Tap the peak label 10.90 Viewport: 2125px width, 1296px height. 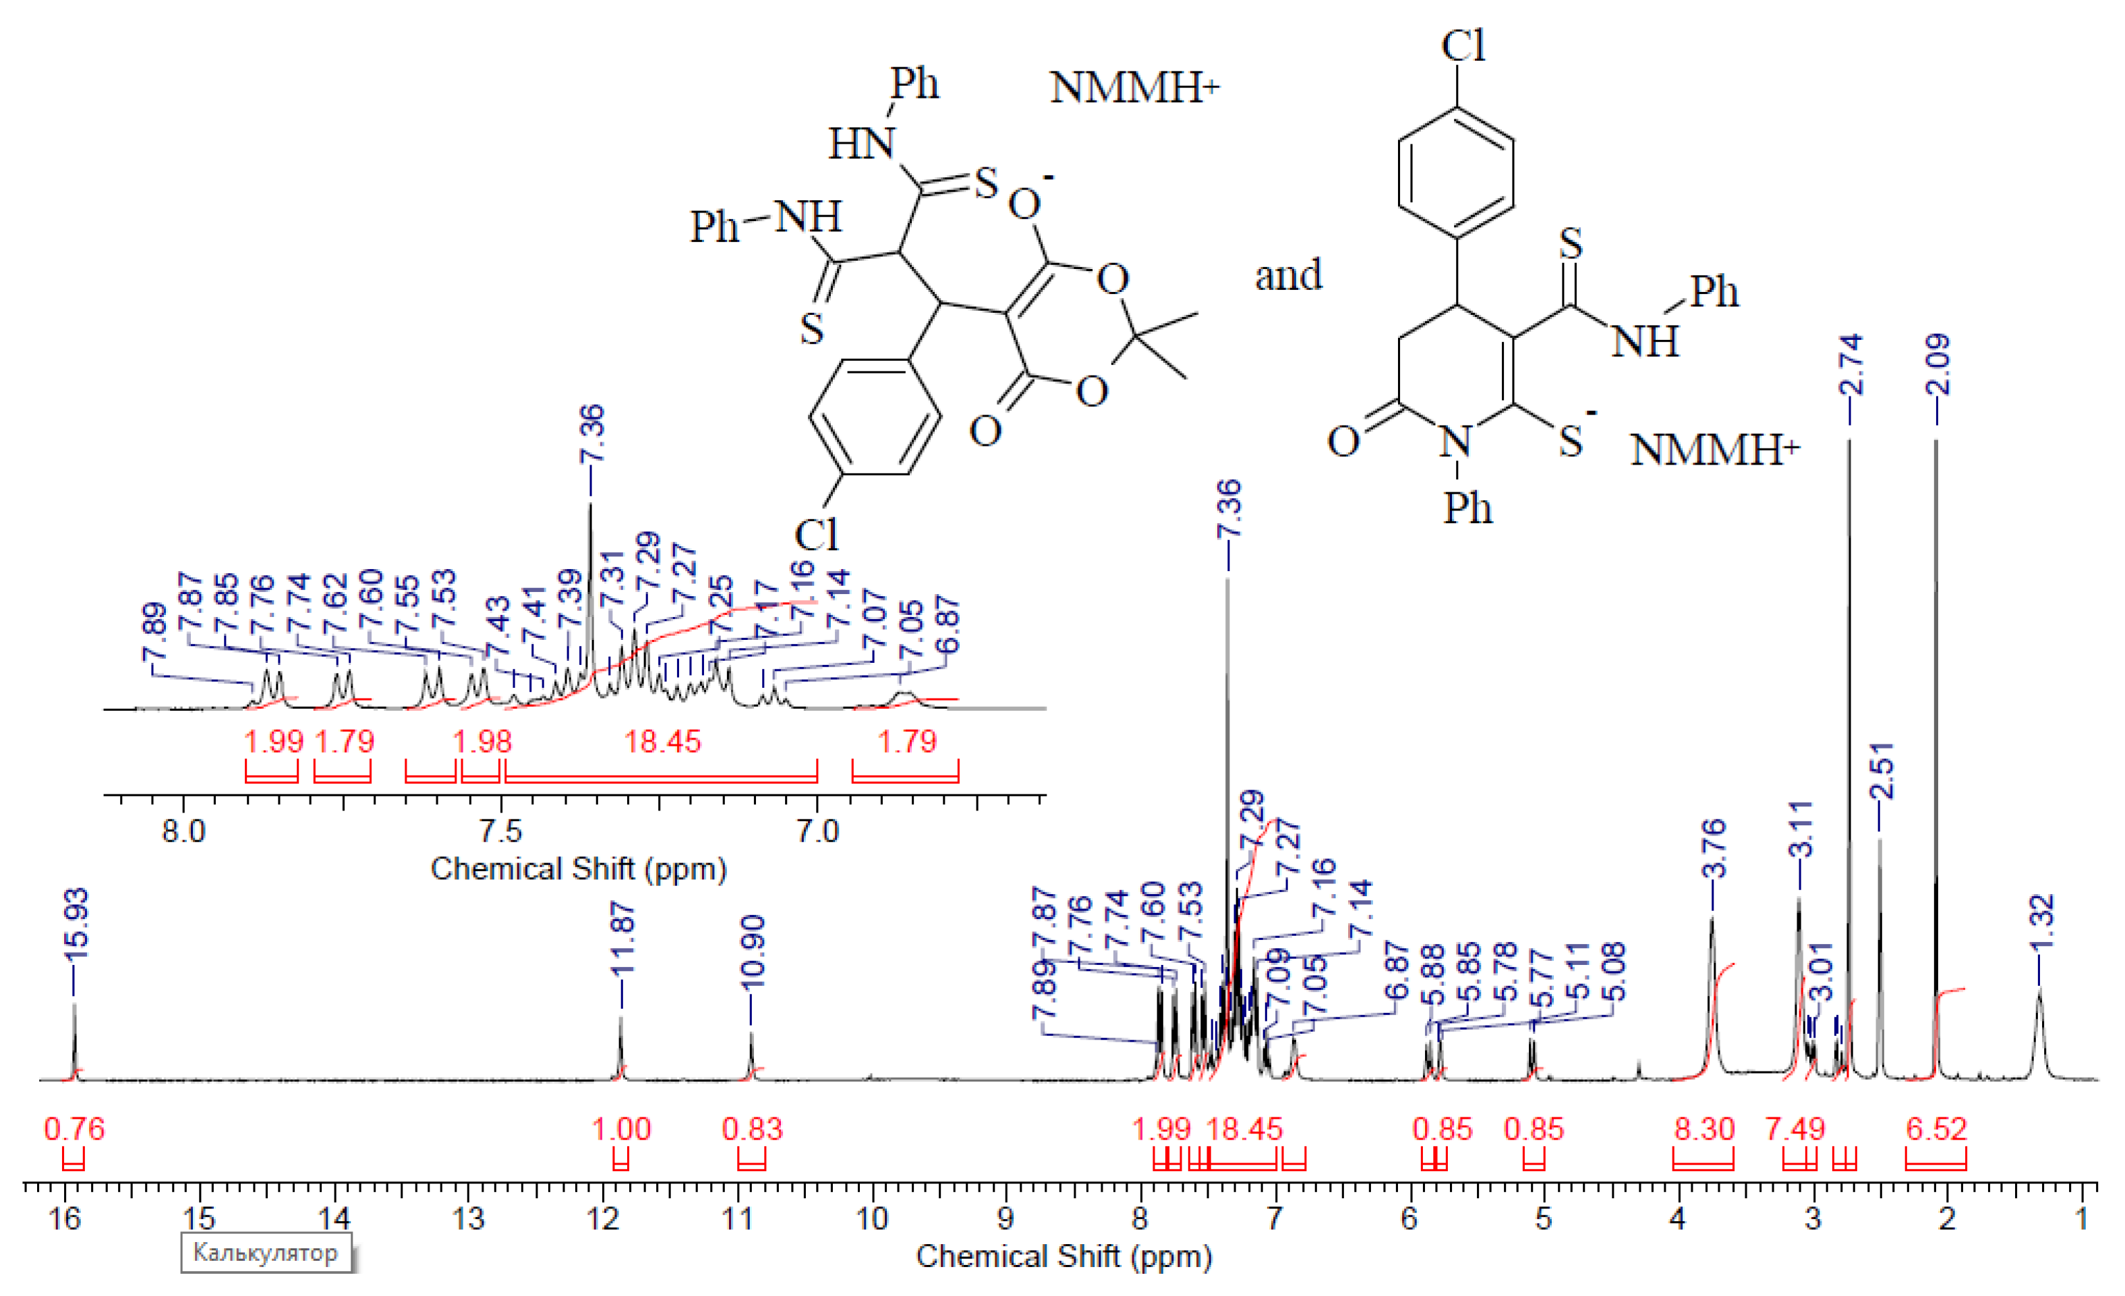[752, 951]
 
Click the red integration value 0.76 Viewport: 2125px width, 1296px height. [74, 1129]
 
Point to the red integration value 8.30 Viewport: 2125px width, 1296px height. [1704, 1129]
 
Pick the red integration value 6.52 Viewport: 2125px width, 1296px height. [1936, 1129]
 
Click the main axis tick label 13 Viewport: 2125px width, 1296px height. [468, 1219]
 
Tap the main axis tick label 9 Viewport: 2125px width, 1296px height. [1006, 1219]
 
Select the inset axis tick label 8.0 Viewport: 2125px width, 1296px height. [183, 832]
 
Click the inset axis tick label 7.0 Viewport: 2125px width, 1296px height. [817, 832]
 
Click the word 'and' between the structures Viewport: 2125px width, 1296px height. [1287, 275]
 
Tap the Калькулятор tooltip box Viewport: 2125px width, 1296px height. [266, 1252]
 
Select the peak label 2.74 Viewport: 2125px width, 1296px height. [1850, 365]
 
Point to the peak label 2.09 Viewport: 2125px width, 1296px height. [1937, 365]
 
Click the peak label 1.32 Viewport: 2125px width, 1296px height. [2041, 922]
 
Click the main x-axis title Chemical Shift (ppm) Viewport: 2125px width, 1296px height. [1064, 1256]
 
